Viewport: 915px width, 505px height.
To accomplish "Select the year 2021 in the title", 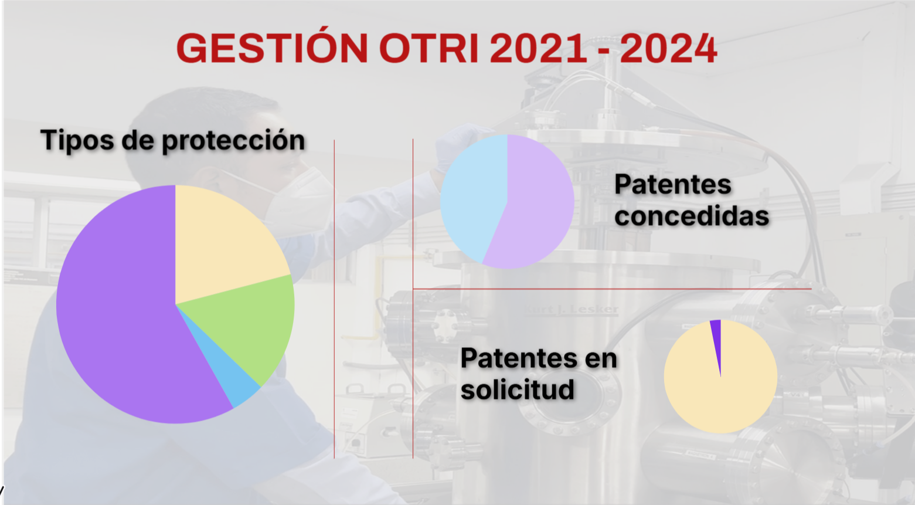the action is pos(538,48).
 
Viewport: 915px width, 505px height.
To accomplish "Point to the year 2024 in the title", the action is pos(668,48).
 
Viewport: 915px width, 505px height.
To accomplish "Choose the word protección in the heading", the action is pos(233,140).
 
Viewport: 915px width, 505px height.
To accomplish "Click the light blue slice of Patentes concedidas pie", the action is pos(474,200).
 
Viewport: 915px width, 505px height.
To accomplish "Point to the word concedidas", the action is pos(692,216).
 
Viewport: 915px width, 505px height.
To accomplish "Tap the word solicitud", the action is pos(517,389).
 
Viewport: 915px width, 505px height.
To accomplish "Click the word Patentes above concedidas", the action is pos(673,185).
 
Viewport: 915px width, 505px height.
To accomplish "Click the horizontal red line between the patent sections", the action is pos(612,289).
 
